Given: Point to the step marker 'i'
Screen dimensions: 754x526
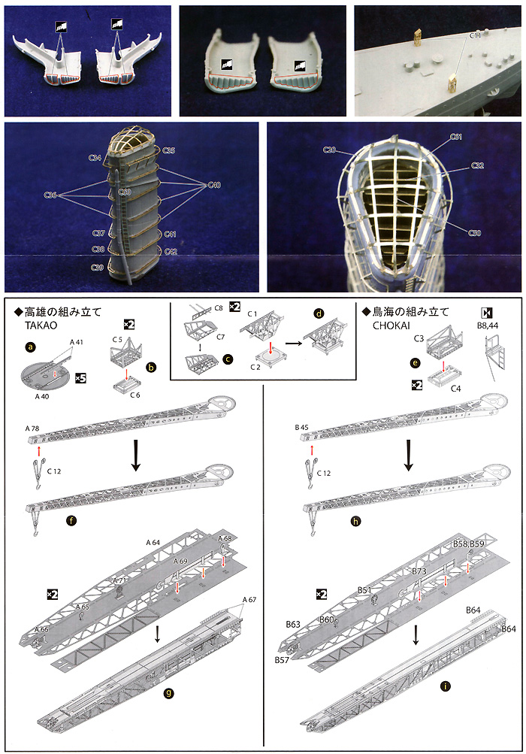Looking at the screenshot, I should click(425, 707).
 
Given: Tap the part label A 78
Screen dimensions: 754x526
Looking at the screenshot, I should click(32, 428).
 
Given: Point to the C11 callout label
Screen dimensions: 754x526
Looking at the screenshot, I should click(476, 35).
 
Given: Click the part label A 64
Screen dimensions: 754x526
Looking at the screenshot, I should click(153, 543).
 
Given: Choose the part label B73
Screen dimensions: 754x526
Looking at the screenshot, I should click(419, 572).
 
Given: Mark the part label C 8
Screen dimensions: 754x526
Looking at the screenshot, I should click(219, 309).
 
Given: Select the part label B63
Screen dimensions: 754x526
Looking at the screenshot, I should click(293, 624).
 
